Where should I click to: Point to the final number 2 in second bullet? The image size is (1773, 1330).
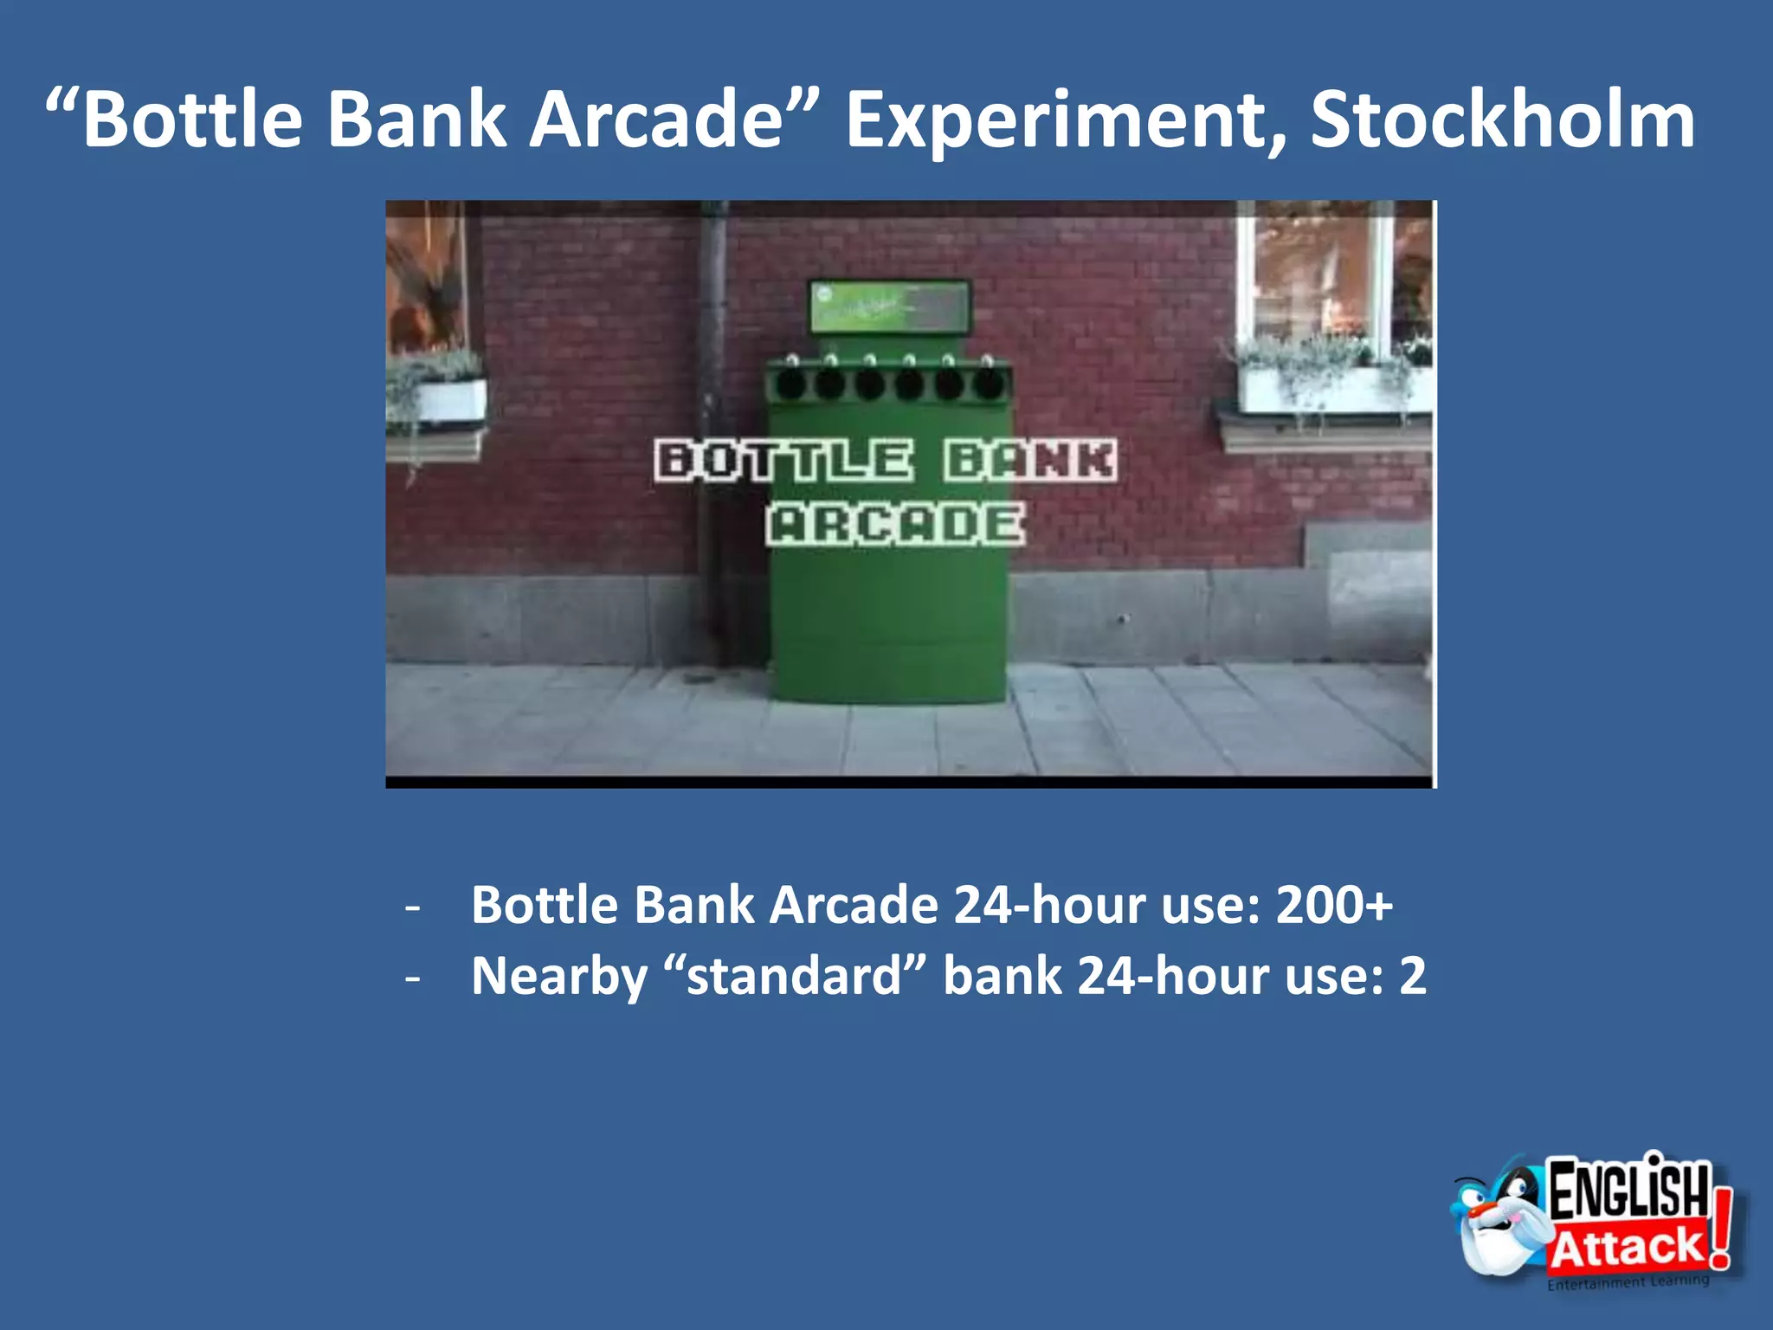(x=1412, y=976)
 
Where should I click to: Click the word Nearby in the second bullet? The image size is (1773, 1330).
(x=559, y=976)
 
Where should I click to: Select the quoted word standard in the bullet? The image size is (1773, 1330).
(x=794, y=976)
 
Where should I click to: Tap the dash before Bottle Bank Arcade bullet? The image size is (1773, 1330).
(x=413, y=907)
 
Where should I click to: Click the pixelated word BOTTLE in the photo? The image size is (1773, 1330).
(x=783, y=460)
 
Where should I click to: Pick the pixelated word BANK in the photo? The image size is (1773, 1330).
(x=1030, y=460)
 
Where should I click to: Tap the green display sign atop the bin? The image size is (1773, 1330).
(x=889, y=308)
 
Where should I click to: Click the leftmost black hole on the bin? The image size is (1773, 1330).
(x=790, y=384)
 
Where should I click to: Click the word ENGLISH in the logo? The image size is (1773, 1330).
(x=1628, y=1191)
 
